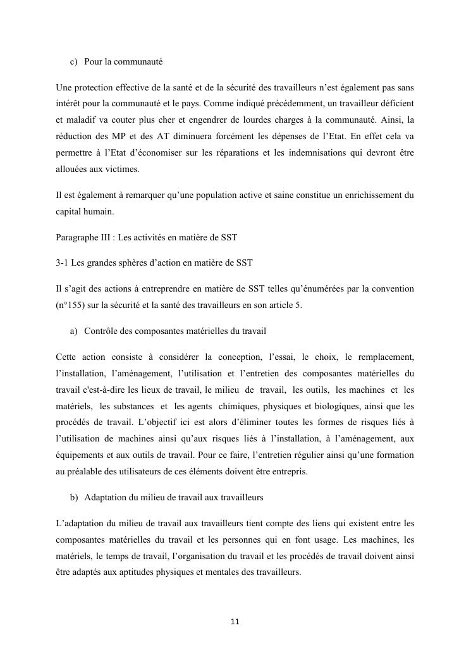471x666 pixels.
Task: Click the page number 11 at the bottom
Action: (x=235, y=622)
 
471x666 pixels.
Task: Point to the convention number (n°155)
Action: (x=74, y=304)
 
